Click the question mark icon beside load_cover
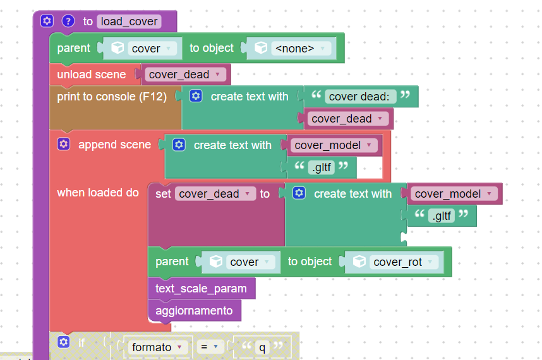tap(68, 21)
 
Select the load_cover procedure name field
tap(129, 21)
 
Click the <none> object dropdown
tap(299, 49)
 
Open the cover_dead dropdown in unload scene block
tap(185, 75)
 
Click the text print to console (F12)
tap(112, 97)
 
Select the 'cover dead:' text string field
tap(359, 97)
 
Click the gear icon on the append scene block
tap(64, 144)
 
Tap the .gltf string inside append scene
tap(322, 167)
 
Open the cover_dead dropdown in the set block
tap(215, 194)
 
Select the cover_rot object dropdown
tap(404, 262)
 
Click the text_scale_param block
tap(202, 288)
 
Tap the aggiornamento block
tap(195, 310)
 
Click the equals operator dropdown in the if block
tap(209, 347)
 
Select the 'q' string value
tap(262, 347)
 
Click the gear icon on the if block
tap(64, 342)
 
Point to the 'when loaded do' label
tap(98, 193)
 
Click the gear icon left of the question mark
tap(47, 21)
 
